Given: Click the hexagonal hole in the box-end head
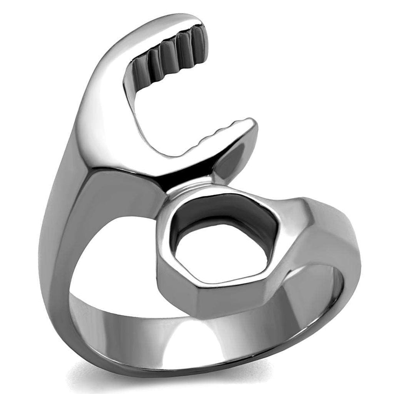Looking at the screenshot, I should click(x=219, y=252).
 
